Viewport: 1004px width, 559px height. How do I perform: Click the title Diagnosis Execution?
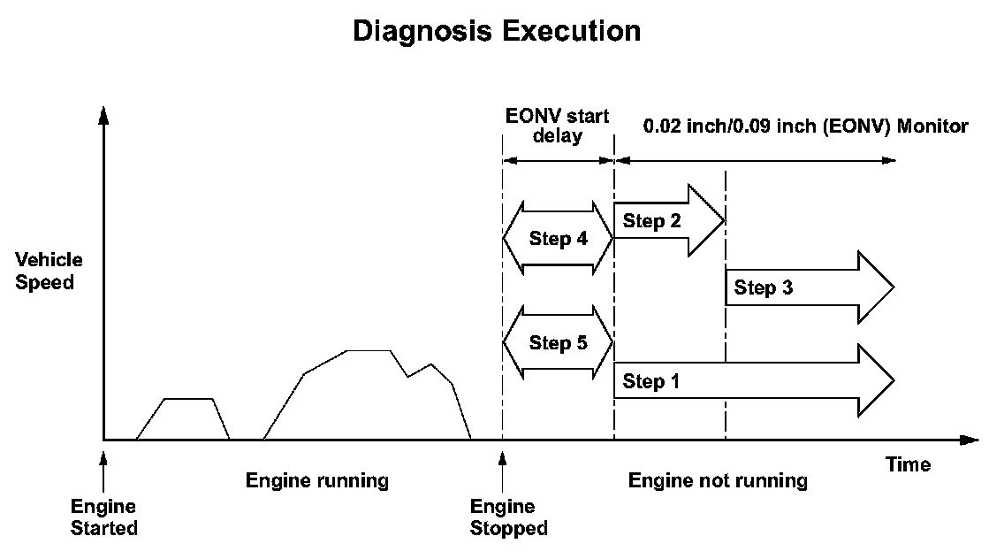497,31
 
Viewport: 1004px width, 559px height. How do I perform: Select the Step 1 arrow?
751,381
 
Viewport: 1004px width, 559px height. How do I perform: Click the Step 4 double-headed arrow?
558,238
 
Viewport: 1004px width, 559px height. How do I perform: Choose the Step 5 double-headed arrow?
558,342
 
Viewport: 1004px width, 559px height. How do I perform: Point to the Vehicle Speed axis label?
49,272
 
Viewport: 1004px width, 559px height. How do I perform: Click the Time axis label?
908,464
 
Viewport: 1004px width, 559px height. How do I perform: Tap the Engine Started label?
103,517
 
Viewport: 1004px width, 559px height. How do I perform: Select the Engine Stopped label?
508,517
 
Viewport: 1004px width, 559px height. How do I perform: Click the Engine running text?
316,481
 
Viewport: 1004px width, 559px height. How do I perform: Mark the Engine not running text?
718,481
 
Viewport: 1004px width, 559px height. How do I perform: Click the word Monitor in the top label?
932,126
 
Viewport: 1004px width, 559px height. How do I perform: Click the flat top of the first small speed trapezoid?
189,399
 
